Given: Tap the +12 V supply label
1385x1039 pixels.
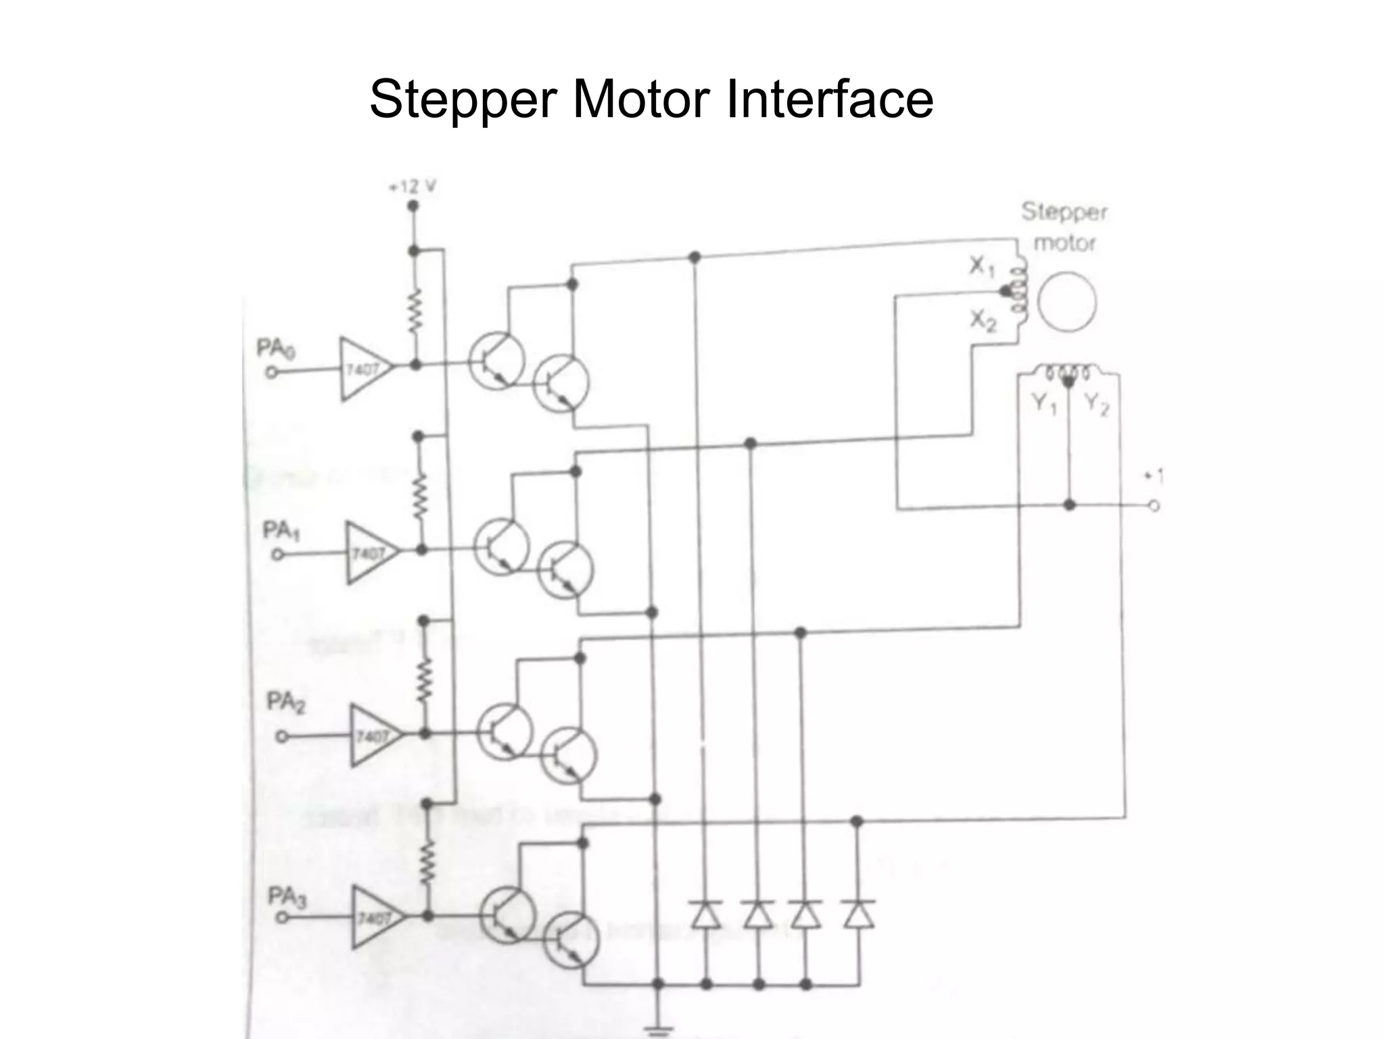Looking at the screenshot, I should (x=412, y=187).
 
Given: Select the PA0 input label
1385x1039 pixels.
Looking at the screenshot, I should (x=275, y=349).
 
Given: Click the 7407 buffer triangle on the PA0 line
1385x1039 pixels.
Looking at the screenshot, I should (x=364, y=369).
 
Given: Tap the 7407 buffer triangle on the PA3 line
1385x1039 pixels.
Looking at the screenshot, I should (x=375, y=918).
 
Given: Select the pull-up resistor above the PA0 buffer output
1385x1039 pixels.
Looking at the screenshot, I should (x=414, y=311).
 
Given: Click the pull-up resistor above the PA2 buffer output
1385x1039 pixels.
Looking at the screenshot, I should (x=425, y=681).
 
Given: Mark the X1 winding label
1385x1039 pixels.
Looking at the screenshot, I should (x=981, y=267).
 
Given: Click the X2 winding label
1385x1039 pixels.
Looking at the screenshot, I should (x=983, y=320).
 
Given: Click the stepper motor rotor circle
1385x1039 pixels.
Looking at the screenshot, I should (x=1066, y=302).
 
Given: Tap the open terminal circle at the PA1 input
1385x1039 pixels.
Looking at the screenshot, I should (x=277, y=554).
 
